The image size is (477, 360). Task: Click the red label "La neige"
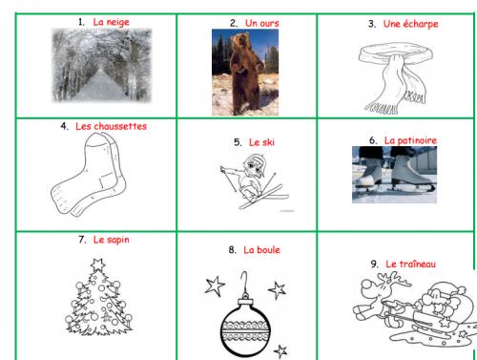point(112,22)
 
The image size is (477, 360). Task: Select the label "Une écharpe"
point(410,24)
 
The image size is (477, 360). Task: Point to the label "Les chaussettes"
point(111,126)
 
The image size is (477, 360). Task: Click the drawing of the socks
point(88,174)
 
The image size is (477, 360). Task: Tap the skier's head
point(254,165)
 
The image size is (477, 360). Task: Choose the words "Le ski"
point(261,142)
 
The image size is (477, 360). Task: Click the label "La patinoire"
point(410,140)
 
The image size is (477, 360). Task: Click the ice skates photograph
point(394,175)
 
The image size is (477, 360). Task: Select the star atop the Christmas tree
point(97,265)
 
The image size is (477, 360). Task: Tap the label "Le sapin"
point(112,240)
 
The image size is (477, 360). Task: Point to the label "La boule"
point(261,250)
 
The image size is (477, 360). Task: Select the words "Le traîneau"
point(410,264)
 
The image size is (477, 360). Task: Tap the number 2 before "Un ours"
point(234,23)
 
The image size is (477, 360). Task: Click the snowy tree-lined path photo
point(102,65)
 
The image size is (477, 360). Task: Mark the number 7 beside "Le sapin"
point(82,240)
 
